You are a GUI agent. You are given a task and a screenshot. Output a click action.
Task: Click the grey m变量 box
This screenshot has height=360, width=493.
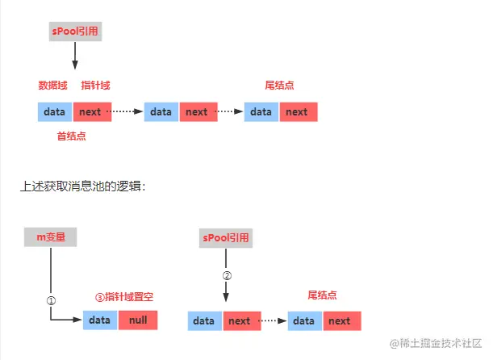click(51, 237)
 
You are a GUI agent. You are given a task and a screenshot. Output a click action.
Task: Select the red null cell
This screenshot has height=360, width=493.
click(138, 320)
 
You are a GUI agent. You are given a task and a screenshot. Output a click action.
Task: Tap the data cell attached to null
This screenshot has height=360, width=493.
click(100, 320)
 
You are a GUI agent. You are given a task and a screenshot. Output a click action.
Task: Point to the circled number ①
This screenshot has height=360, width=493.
click(51, 299)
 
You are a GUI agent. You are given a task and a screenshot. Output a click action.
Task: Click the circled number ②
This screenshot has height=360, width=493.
click(227, 274)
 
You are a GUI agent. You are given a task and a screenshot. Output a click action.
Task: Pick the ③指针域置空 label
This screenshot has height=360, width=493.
click(124, 297)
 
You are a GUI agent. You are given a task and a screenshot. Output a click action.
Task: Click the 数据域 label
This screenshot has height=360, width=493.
click(52, 86)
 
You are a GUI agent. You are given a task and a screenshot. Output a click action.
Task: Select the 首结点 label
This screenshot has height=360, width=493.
click(71, 136)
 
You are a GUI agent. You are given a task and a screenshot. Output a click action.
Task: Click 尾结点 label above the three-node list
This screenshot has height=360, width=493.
click(279, 86)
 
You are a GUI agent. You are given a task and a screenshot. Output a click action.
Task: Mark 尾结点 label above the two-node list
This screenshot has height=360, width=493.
click(323, 295)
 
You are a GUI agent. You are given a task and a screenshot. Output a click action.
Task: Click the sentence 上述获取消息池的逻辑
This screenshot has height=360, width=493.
click(83, 186)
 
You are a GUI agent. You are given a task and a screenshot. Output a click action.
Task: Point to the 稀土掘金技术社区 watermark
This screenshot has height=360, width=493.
click(436, 344)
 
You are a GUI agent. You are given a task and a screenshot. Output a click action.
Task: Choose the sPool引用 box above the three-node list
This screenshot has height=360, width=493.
click(75, 33)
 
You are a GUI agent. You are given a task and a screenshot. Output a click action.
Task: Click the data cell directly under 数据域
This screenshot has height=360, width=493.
click(55, 112)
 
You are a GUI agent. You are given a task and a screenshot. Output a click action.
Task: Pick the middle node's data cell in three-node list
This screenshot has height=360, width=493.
click(161, 112)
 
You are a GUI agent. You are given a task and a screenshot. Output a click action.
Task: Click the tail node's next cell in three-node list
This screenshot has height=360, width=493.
click(297, 112)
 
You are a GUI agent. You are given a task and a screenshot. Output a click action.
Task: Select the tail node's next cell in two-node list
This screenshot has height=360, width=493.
click(340, 321)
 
